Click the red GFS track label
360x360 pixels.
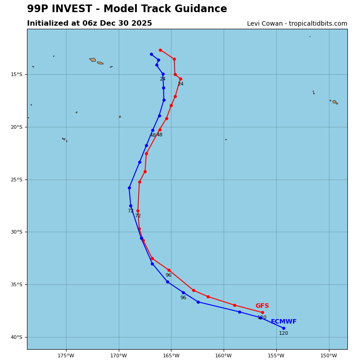(262, 306)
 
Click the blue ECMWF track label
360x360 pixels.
(283, 322)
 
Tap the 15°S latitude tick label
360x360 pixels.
(17, 74)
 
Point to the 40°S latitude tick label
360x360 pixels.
(17, 337)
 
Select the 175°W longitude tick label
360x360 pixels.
(66, 355)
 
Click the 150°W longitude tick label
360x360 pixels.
(329, 355)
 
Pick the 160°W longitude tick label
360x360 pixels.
(224, 355)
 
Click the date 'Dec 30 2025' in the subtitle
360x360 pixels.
(131, 23)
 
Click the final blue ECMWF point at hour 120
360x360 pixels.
(283, 328)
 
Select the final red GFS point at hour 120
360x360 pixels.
(262, 312)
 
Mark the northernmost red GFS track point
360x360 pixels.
(160, 50)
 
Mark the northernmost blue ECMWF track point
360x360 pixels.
(151, 54)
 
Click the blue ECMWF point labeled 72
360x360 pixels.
(130, 206)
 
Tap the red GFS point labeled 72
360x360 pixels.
(138, 211)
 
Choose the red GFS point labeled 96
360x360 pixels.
(169, 270)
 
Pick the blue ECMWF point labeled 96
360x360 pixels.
(183, 292)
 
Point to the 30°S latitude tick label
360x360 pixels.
(17, 232)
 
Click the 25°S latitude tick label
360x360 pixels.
(17, 180)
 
